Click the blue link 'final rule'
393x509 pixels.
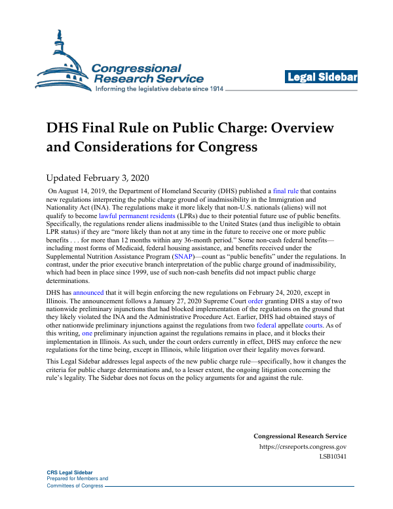285,191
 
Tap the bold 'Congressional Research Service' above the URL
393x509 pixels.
300,436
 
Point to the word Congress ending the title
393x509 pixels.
221,147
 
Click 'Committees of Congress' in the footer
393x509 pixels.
75,485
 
